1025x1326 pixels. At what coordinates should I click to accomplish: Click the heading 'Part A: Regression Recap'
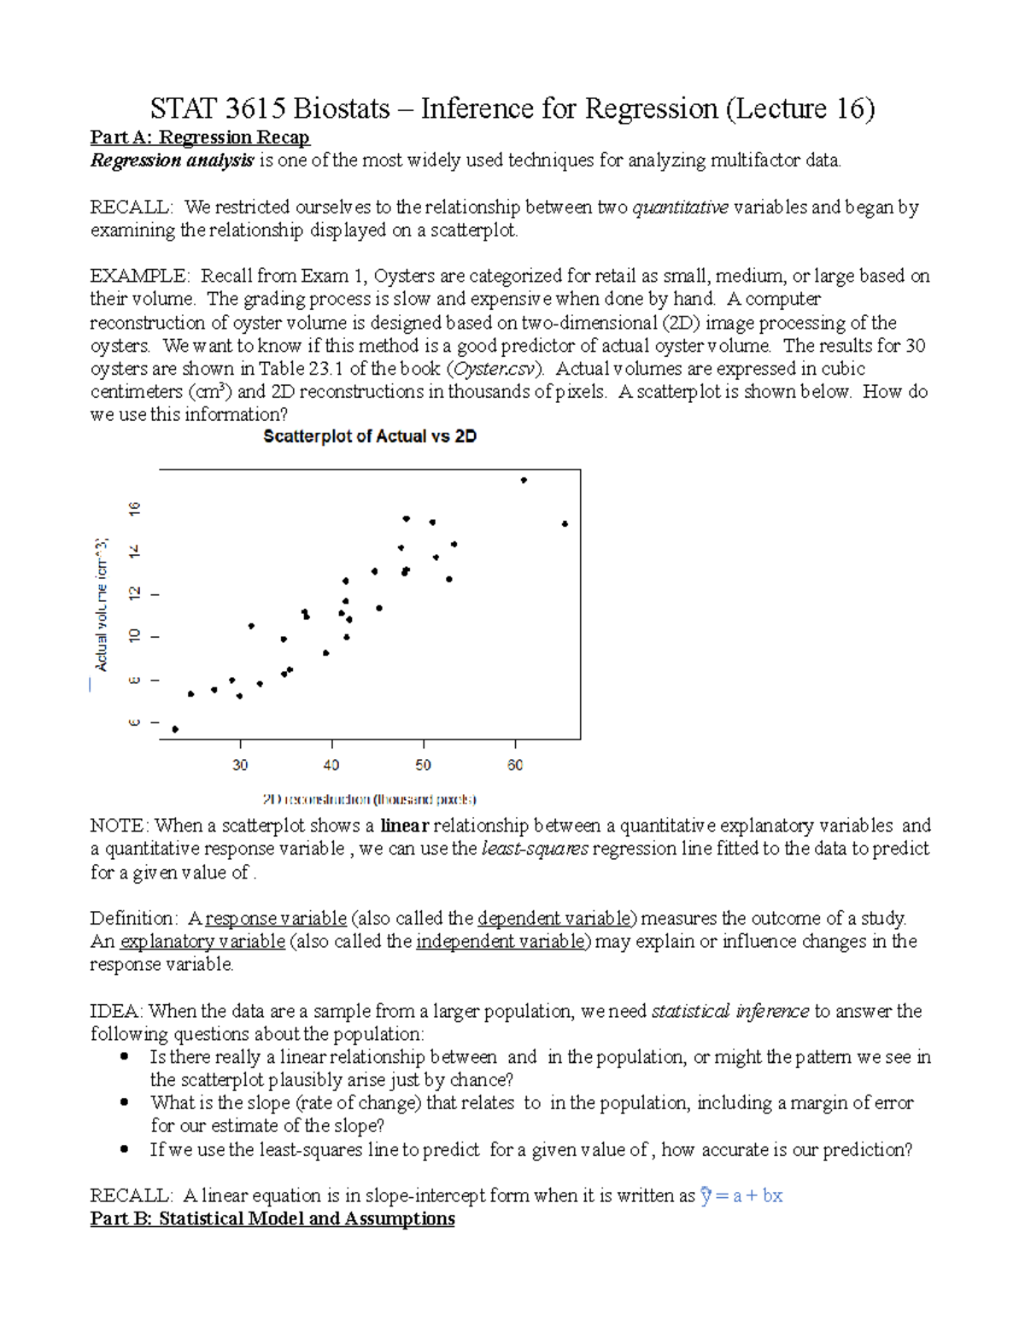(x=200, y=137)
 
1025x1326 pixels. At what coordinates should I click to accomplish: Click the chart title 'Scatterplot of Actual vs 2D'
(x=369, y=436)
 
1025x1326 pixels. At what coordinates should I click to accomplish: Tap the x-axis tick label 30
(x=240, y=765)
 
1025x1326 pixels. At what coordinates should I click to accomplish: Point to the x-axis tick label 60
(x=515, y=765)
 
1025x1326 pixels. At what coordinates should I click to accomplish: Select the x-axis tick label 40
(x=331, y=765)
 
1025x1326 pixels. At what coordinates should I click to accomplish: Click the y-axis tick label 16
(x=135, y=509)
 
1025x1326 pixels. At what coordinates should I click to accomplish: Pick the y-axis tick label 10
(x=135, y=636)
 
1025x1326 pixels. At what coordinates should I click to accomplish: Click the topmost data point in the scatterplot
(x=524, y=481)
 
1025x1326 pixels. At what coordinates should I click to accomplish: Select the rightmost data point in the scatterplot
(x=565, y=524)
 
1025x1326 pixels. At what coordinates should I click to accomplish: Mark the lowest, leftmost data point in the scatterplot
(x=175, y=729)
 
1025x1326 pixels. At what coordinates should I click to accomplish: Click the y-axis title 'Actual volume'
(x=102, y=605)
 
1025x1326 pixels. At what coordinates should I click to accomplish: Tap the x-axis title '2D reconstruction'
(x=369, y=800)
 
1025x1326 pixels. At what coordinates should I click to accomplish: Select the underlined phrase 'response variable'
(x=276, y=919)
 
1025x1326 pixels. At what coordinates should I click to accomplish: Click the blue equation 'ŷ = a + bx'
(x=741, y=1195)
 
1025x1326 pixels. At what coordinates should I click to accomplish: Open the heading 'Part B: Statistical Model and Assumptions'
(x=272, y=1218)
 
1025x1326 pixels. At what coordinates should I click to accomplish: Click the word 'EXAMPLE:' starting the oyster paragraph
(x=139, y=276)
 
